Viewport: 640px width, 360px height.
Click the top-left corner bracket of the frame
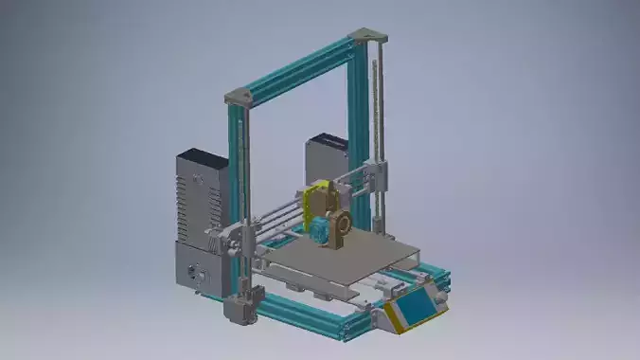click(x=240, y=96)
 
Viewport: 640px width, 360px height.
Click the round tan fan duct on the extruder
click(x=340, y=223)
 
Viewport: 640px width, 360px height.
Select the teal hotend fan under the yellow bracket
click(x=321, y=230)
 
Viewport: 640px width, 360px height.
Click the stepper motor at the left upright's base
click(x=237, y=310)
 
